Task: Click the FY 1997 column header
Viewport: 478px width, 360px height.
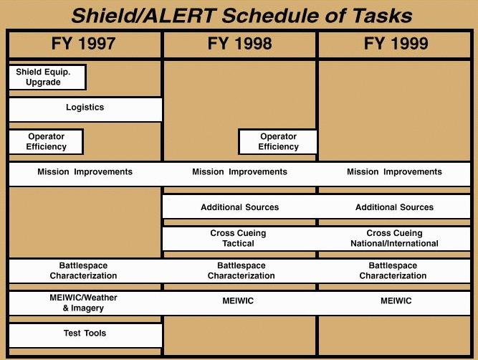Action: tap(83, 43)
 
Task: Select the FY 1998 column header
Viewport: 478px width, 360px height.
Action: tap(239, 43)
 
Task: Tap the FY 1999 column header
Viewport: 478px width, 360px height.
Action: tap(396, 43)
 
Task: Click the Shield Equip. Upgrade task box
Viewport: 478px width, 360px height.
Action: tap(47, 77)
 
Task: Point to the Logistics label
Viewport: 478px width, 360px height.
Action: tap(85, 108)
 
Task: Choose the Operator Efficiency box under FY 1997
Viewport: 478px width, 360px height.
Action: tap(46, 141)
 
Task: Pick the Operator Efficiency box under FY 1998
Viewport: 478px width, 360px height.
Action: tap(278, 141)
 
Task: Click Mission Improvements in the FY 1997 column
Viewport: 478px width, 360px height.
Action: tap(85, 172)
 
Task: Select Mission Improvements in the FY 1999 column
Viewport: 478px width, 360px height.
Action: tap(394, 172)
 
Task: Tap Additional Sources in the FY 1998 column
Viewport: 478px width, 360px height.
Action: tap(239, 207)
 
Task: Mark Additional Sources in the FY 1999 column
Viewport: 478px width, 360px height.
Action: tap(394, 207)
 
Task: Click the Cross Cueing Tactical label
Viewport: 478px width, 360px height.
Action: tap(238, 238)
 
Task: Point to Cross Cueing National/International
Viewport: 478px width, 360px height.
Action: tap(394, 238)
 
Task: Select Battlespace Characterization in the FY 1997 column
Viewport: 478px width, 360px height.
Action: tap(83, 270)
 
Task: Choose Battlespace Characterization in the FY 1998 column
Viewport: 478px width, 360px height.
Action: tap(241, 270)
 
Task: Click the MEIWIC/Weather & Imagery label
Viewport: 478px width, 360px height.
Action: tap(83, 303)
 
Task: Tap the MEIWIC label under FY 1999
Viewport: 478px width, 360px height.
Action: tap(396, 300)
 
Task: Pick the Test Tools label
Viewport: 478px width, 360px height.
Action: tap(85, 333)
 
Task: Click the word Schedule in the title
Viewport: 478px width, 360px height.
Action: tap(270, 16)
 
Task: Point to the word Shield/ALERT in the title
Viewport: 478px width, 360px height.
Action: tap(144, 16)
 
